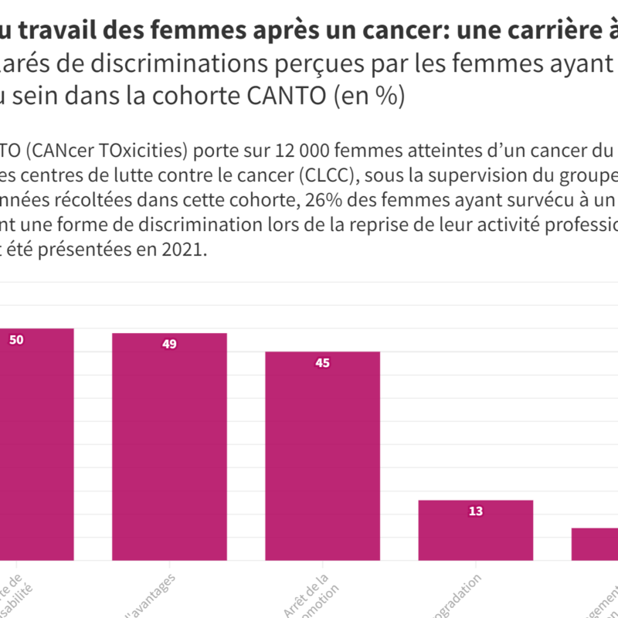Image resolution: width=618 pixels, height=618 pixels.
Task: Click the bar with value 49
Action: coord(169,448)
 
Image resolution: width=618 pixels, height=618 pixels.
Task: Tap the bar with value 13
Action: coord(476,531)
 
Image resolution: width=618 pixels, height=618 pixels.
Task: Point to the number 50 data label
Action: coord(15,339)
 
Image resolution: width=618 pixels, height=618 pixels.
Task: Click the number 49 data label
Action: coord(169,345)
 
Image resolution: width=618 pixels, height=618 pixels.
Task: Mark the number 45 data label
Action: coord(323,363)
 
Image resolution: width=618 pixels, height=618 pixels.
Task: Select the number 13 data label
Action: coord(476,511)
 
